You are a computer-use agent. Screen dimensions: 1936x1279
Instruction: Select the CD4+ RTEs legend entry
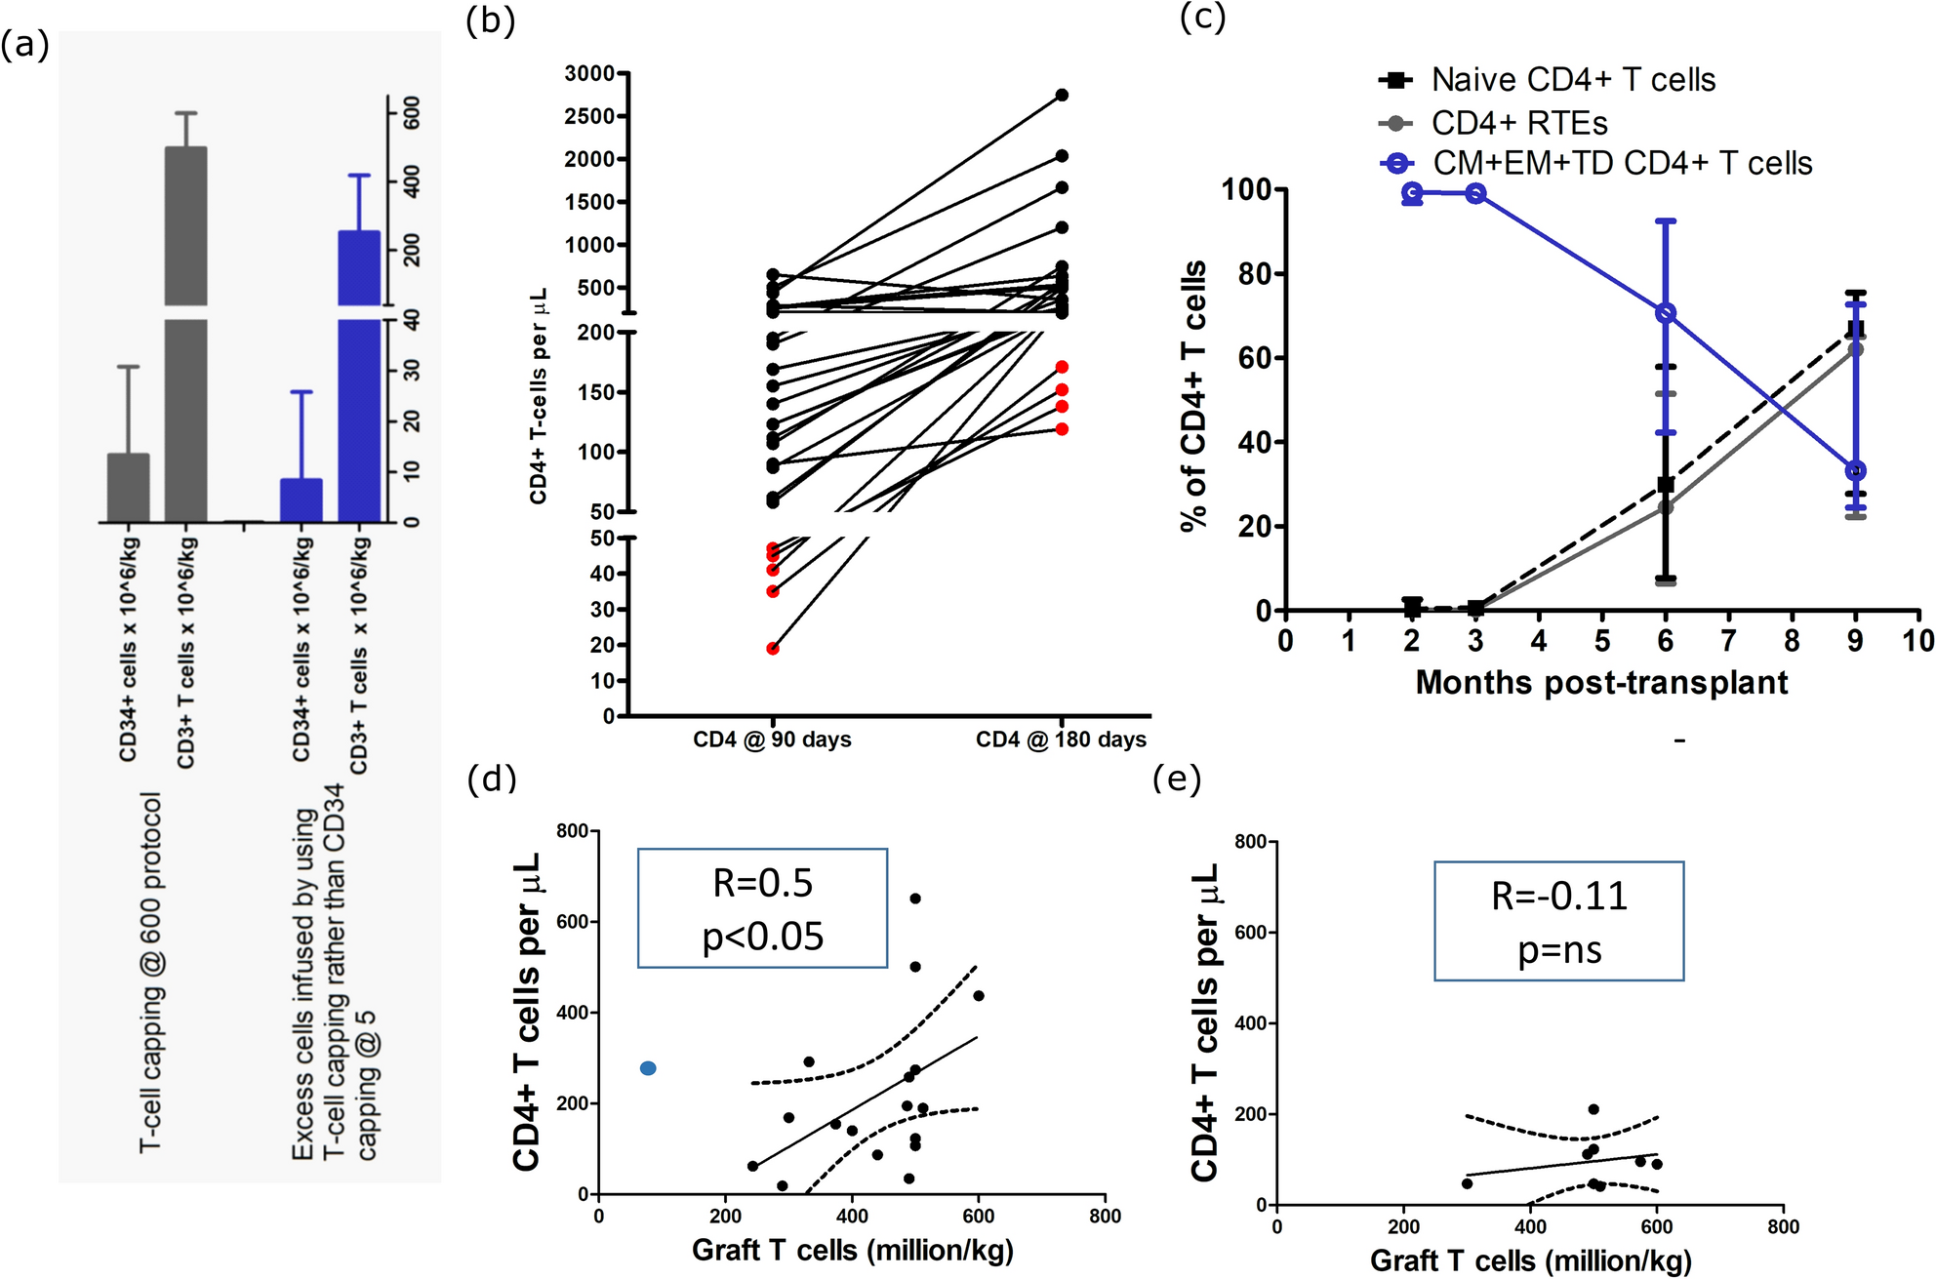[x=1518, y=123]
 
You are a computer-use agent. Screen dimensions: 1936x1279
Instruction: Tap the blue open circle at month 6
[x=1666, y=313]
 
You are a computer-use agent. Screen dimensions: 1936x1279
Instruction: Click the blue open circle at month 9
[x=1855, y=471]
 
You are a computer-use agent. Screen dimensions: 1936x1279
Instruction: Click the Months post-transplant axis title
[x=1601, y=682]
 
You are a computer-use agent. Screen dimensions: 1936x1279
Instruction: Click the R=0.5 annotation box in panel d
[x=762, y=908]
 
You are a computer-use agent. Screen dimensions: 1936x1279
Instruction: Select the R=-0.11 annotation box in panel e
[x=1558, y=921]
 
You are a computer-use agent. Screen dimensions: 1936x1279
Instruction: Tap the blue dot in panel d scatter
[x=648, y=1068]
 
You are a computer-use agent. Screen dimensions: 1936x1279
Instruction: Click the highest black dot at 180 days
[x=1062, y=95]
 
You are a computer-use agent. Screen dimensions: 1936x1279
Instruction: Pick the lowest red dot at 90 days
[x=773, y=649]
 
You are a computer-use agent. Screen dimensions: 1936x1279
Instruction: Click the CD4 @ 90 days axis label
[x=772, y=739]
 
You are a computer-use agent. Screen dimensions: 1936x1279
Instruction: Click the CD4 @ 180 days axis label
[x=1061, y=739]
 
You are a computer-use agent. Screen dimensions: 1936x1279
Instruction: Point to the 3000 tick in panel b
[x=589, y=73]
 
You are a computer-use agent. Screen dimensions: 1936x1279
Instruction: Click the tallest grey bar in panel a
[x=185, y=332]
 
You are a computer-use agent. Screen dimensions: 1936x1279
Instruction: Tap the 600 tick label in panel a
[x=412, y=112]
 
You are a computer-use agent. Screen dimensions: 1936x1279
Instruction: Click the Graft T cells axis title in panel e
[x=1530, y=1260]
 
